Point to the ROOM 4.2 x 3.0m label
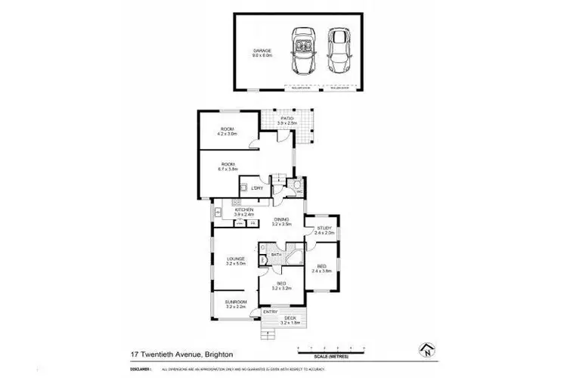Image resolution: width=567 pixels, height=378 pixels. [x=228, y=132]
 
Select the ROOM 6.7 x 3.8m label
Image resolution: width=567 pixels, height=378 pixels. [x=228, y=166]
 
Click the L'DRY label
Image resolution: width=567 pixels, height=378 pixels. [x=257, y=187]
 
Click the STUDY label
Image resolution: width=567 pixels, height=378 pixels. [x=324, y=229]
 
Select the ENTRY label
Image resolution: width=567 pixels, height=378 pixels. [x=269, y=311]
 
